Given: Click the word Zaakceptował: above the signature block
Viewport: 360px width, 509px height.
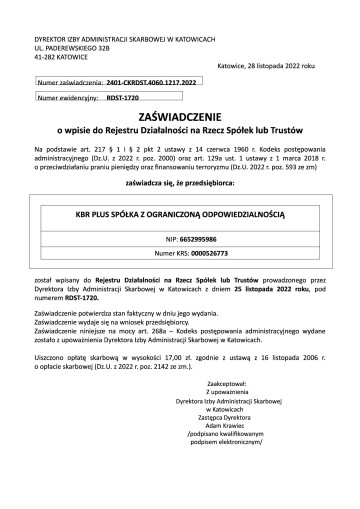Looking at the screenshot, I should pos(250,411).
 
